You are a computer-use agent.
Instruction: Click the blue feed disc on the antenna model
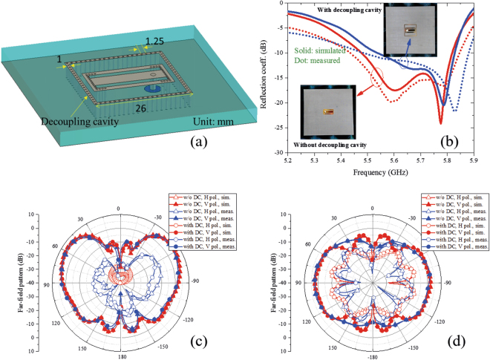(x=148, y=88)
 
